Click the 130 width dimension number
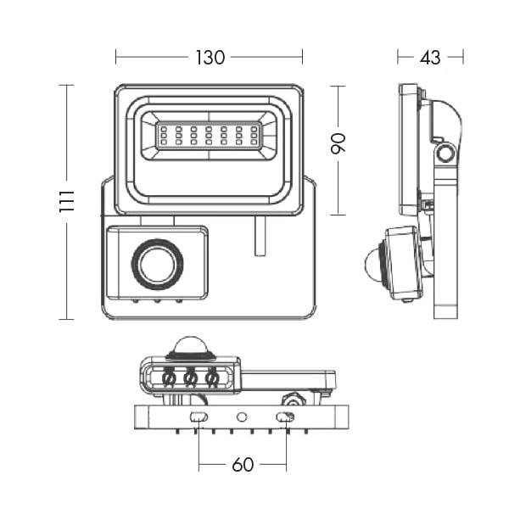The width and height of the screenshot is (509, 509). pos(210,58)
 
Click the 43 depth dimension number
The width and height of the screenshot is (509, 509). pos(430,58)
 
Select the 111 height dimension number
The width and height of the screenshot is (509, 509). pos(68,201)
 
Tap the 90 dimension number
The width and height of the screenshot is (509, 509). pos(338,143)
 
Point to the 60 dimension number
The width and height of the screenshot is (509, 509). pos(243,465)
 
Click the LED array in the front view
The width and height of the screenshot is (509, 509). pos(209,135)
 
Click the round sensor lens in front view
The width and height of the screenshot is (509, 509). pos(156,265)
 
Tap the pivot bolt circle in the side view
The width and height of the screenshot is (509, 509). pos(445,154)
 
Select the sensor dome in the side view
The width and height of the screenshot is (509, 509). pos(372,264)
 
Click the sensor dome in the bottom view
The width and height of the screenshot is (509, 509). pos(192,345)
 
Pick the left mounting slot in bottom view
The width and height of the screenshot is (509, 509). pos(199,417)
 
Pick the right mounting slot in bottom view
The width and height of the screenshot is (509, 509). pos(286,417)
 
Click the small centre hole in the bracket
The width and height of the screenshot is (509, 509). pos(242,417)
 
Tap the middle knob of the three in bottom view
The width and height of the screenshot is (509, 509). pos(191,377)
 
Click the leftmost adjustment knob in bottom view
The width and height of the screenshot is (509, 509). pos(170,377)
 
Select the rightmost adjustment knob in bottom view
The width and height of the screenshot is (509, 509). pos(212,377)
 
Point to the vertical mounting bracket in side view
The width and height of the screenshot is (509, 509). pos(445,255)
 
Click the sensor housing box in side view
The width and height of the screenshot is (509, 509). pos(402,263)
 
